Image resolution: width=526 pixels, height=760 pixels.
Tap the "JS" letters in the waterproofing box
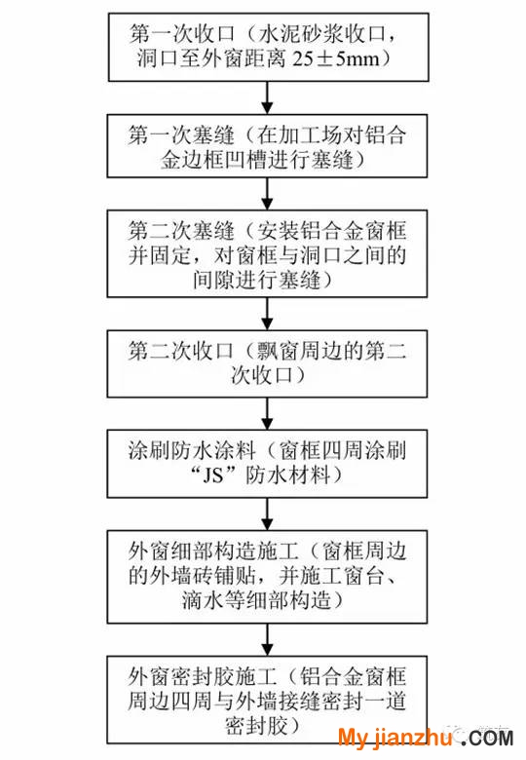point(212,475)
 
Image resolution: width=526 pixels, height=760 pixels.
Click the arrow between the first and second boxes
point(267,97)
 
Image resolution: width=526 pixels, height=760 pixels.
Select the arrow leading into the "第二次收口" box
point(267,314)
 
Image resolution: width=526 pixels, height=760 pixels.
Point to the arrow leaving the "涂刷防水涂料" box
point(267,514)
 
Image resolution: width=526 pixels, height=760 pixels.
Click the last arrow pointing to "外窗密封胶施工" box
point(267,639)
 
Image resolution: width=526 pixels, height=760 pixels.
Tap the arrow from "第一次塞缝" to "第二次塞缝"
point(267,193)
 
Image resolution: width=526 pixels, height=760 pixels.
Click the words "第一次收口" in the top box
point(181,34)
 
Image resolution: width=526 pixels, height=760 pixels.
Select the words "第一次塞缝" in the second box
point(181,135)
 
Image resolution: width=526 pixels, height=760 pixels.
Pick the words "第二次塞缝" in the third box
point(181,231)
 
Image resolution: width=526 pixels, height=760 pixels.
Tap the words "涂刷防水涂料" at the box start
point(192,451)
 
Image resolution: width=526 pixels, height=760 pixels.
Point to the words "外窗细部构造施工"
point(213,551)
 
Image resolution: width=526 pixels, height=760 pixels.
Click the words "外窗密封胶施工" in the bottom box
point(203,676)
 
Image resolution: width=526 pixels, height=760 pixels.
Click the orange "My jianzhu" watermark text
point(394,738)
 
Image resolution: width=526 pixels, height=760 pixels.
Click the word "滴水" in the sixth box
point(203,600)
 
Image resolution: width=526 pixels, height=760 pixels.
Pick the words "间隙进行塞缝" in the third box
point(256,281)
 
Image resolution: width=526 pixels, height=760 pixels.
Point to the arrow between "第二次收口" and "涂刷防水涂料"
point(267,413)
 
